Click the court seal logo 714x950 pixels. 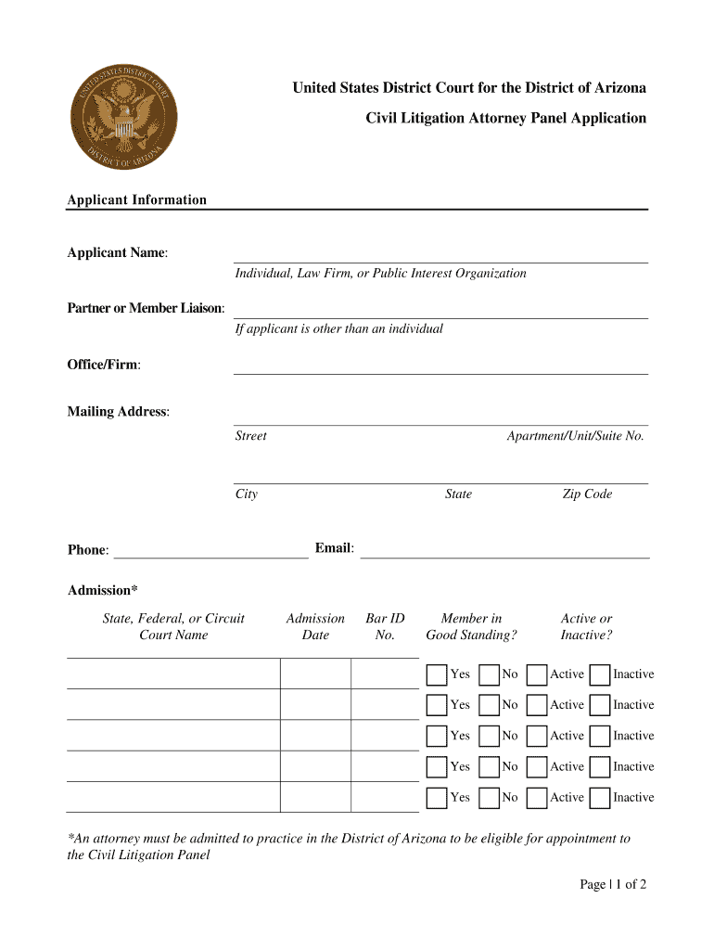pos(123,117)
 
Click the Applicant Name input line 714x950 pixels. pos(440,254)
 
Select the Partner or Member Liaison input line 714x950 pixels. pos(440,310)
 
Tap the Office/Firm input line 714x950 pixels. pos(440,366)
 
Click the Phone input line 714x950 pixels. pos(210,550)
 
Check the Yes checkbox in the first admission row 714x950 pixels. pos(437,674)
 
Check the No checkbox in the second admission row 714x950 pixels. pos(489,705)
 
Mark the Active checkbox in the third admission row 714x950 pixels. pos(536,736)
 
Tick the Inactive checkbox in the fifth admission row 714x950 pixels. pos(600,798)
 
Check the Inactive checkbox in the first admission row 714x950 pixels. pos(600,674)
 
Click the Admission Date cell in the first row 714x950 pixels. pos(315,674)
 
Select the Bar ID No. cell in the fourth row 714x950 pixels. pos(384,766)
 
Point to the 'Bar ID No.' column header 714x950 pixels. pos(385,626)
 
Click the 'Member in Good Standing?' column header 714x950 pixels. pos(471,626)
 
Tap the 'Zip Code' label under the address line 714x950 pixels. pos(587,494)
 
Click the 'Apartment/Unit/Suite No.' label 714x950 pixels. pos(575,436)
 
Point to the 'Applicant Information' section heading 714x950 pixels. pos(137,200)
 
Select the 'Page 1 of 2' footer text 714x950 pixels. pos(613,884)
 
